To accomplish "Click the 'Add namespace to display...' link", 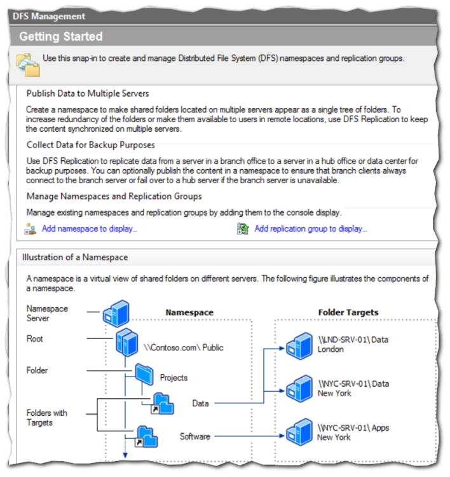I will (90, 229).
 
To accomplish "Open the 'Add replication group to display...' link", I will (310, 229).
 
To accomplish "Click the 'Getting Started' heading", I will (60, 36).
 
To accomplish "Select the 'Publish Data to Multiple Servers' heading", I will (88, 93).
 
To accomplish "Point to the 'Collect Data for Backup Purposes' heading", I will (90, 145).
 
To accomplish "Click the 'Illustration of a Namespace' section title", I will (75, 258).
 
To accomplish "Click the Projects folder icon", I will (143, 375).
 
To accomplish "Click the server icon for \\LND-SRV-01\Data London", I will (297, 345).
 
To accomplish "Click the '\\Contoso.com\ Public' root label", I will (183, 348).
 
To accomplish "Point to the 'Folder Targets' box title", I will (348, 312).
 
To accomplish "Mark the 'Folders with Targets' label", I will (47, 417).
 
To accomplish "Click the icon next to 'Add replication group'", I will (243, 229).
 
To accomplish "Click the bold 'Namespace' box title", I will (189, 312).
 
